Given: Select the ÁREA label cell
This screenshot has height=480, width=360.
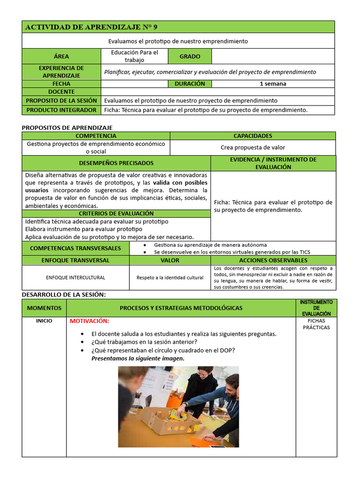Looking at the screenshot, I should (61, 56).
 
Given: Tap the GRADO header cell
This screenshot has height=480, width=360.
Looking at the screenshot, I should (190, 56).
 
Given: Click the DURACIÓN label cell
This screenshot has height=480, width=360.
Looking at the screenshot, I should (190, 84).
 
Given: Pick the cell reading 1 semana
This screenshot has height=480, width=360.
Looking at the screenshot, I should (273, 84).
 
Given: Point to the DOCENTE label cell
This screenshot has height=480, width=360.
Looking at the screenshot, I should (61, 92).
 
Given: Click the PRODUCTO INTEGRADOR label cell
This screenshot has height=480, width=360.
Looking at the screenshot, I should (61, 110).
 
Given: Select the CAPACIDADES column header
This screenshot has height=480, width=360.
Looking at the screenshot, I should (253, 136).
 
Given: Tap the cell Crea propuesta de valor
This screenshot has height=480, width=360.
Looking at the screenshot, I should (253, 148).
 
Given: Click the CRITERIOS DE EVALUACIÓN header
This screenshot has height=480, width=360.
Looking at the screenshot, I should (116, 214).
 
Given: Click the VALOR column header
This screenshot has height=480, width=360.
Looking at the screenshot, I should (170, 260).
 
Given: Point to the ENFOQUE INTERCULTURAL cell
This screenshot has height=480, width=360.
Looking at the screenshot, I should (75, 277).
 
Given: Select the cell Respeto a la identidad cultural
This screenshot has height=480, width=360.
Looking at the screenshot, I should (170, 277).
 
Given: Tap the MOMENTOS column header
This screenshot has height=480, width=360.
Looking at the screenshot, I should (44, 308).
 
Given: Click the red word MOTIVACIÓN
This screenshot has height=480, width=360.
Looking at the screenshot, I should (89, 321).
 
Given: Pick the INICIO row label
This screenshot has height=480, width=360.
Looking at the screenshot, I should (44, 321).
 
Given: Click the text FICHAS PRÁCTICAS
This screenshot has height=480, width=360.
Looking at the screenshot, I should (316, 324).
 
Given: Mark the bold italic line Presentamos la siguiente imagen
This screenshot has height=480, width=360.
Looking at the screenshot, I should (138, 359).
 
